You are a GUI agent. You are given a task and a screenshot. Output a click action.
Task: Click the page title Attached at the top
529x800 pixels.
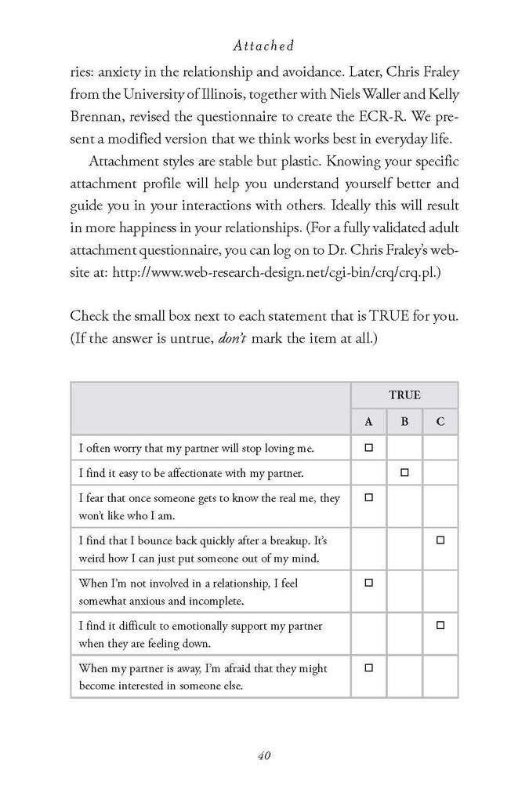click(x=263, y=46)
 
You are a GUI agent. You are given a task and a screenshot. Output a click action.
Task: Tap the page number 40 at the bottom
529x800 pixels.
click(x=263, y=756)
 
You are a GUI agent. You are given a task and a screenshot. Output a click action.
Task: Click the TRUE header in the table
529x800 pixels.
click(x=404, y=395)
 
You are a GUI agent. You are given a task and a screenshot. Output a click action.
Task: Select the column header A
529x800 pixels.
click(x=368, y=422)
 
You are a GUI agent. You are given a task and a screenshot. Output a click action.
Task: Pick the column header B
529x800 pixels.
click(x=404, y=422)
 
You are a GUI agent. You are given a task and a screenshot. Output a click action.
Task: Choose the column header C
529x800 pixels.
click(x=440, y=422)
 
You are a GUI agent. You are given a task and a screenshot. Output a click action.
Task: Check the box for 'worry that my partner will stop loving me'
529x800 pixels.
click(x=368, y=448)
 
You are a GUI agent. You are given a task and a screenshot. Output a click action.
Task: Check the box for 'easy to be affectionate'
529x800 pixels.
click(x=404, y=473)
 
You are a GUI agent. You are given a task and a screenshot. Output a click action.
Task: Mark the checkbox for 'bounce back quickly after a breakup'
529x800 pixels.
click(x=440, y=540)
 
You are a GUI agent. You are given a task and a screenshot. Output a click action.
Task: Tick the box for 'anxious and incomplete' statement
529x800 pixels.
click(x=368, y=583)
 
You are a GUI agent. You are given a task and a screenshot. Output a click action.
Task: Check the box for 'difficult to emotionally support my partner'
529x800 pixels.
click(x=440, y=625)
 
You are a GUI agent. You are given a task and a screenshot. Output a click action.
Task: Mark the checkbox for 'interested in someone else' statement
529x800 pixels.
click(x=368, y=667)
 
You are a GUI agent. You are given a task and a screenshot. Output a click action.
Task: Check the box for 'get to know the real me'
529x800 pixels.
click(x=368, y=497)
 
